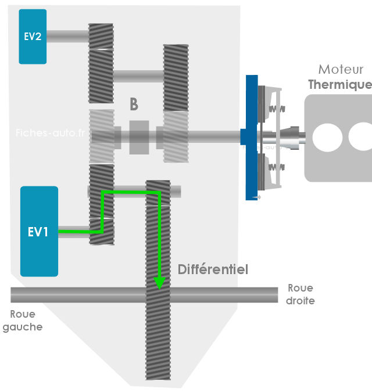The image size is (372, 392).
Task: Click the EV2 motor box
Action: click(33, 36)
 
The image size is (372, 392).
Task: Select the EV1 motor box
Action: click(39, 231)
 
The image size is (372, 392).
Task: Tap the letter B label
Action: click(134, 105)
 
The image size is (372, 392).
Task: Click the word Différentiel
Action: click(213, 269)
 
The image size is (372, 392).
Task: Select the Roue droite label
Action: click(301, 294)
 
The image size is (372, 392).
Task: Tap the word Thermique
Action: click(339, 84)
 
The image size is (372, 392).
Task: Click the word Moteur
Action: click(341, 70)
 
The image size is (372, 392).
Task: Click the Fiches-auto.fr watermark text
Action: click(50, 132)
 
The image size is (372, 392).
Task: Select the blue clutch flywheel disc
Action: click(252, 137)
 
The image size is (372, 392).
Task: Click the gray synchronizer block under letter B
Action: click(139, 138)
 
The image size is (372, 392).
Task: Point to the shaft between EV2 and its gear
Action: click(67, 36)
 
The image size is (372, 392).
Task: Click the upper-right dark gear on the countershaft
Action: click(176, 77)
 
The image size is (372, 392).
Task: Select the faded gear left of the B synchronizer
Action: click(101, 136)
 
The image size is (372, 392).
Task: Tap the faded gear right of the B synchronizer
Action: click(176, 137)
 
